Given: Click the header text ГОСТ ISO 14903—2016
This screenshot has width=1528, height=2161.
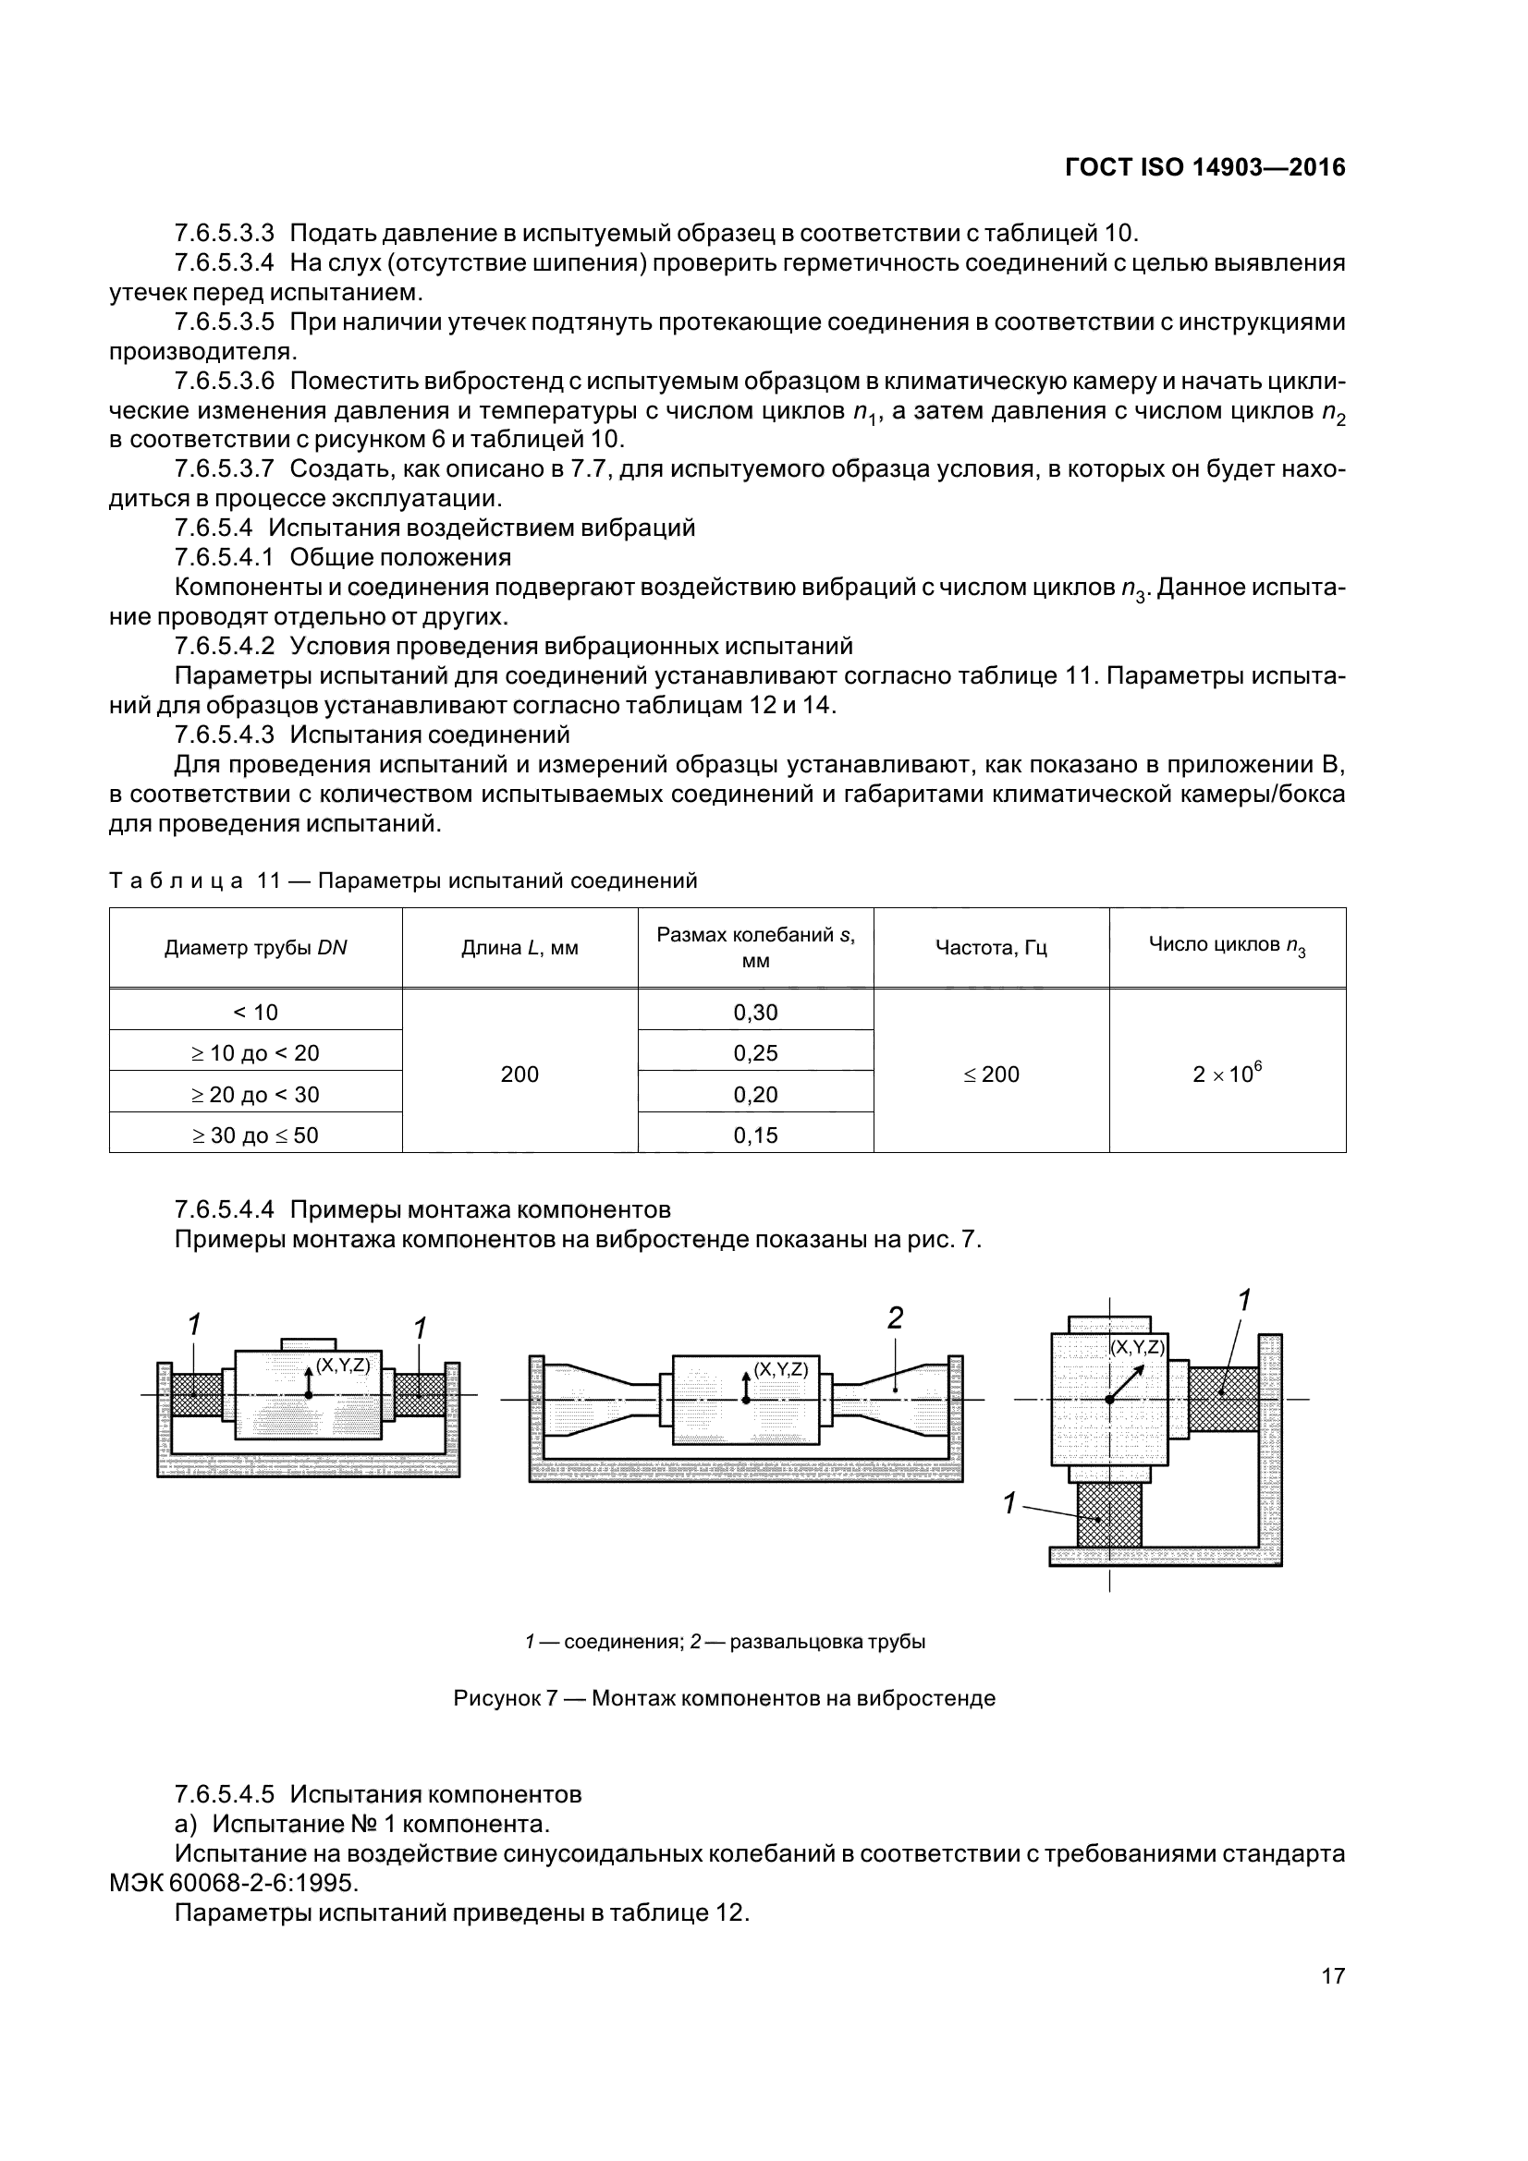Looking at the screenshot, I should (1205, 167).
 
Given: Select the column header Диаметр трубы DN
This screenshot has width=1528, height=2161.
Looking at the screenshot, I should (255, 948).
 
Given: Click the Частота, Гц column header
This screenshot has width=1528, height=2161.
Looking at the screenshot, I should (990, 948).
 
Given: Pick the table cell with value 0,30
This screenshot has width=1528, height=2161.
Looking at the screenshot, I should (755, 1012).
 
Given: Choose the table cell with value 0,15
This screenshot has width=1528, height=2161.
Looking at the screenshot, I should (755, 1135).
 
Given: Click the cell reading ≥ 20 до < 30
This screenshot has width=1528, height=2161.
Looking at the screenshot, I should (255, 1094).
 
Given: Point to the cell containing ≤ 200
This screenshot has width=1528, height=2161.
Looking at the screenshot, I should (990, 1074).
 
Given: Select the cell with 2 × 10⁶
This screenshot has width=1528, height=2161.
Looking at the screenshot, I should (1227, 1073).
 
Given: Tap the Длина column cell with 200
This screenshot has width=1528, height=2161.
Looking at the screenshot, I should (520, 1074).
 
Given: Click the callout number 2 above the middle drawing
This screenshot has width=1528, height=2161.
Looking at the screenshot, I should (896, 1318).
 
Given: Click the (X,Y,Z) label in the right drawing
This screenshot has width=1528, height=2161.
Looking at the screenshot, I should (1137, 1347).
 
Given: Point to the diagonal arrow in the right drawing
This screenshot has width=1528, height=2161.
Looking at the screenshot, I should (1129, 1381).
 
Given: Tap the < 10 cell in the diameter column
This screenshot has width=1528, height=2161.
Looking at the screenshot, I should (255, 1012).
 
